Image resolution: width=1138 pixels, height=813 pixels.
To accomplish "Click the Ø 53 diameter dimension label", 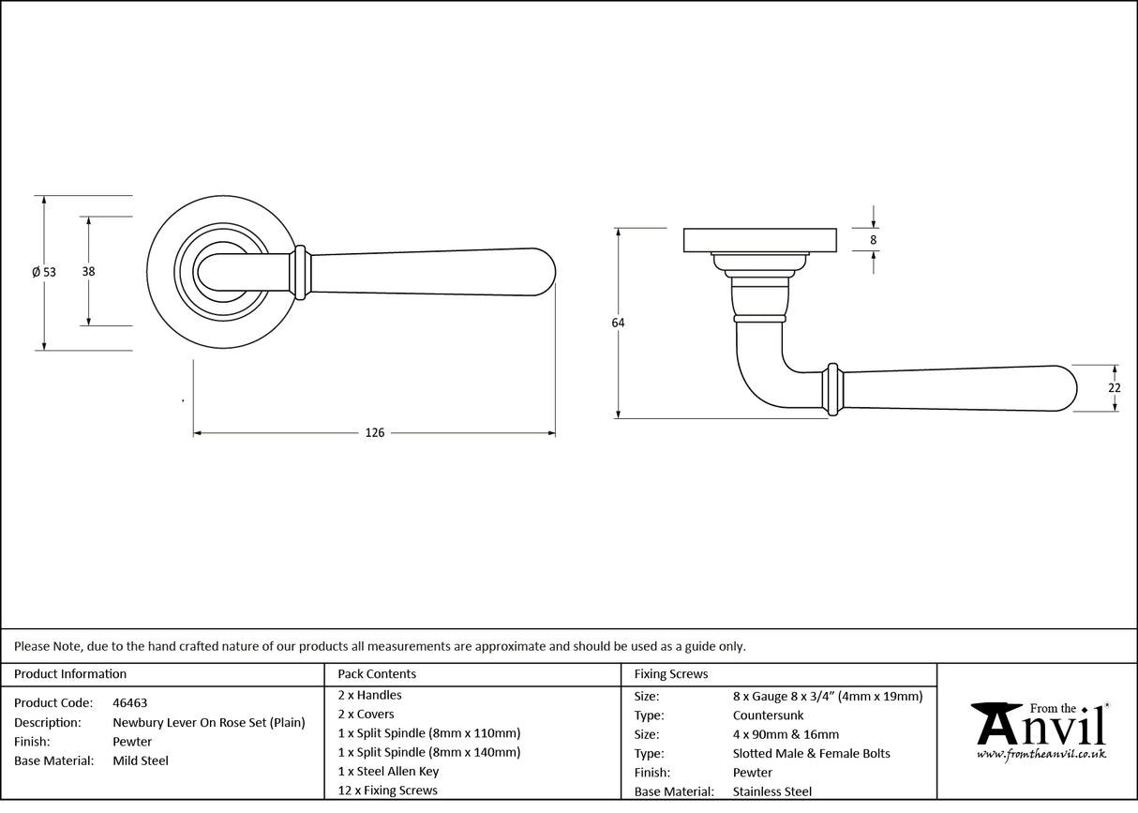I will pos(44,272).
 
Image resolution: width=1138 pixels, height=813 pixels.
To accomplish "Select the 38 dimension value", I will pos(89,272).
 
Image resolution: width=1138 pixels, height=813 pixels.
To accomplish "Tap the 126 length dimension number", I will pos(374,433).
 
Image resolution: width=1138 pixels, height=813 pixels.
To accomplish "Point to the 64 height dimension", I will pos(618,323).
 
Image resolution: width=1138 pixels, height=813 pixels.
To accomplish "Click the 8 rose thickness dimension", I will pos(874,240).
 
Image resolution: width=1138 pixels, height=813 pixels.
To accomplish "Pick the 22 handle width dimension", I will pos(1114,387).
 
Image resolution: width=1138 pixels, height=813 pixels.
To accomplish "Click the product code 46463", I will pos(129,702).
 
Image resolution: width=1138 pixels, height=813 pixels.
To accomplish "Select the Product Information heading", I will pos(70,673).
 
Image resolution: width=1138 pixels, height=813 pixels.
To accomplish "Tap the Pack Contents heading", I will pos(377,673).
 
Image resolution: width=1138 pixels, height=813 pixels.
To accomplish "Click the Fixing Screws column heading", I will pos(671,673).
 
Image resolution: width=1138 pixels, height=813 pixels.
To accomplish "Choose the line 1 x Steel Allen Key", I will pos(388,771).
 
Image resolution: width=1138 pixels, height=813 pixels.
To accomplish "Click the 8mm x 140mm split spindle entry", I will pos(428,752).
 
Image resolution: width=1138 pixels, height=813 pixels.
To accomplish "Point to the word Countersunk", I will pos(768,715).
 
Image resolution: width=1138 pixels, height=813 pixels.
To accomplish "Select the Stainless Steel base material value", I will pos(772,791).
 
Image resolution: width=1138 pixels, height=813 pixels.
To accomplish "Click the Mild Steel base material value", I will pos(141,760).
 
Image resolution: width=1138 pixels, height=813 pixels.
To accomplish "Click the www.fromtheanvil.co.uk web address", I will pos(1041,754).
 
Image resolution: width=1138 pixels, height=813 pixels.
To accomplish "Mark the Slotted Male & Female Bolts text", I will pos(811,753).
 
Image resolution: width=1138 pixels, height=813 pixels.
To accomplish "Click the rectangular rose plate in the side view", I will pos(759,240).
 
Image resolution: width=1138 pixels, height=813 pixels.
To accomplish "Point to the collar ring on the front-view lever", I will pos(301,273).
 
